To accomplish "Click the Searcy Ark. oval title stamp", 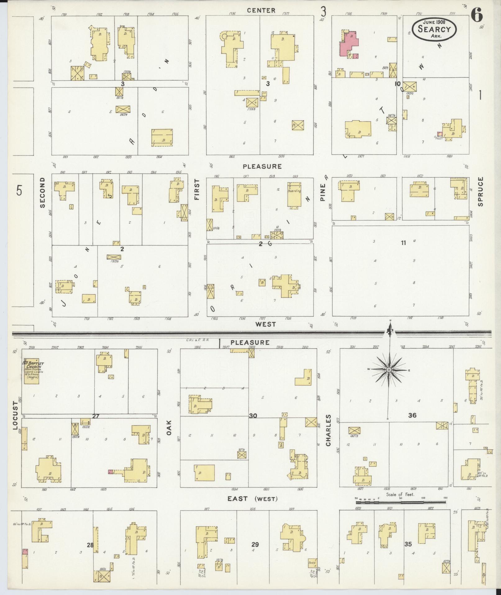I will [x=434, y=29].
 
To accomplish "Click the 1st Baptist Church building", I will [x=32, y=370].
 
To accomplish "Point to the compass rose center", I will [x=389, y=370].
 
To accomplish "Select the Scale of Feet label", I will [x=400, y=494].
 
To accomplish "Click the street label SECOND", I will [x=42, y=193].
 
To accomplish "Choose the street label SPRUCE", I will [x=481, y=191].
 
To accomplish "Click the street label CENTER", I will [x=261, y=10].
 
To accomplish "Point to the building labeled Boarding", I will [x=294, y=195].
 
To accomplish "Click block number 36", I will [x=412, y=415].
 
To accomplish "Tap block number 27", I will [x=96, y=416].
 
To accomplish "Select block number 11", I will [x=403, y=243].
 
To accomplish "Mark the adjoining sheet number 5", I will [x=20, y=190].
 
